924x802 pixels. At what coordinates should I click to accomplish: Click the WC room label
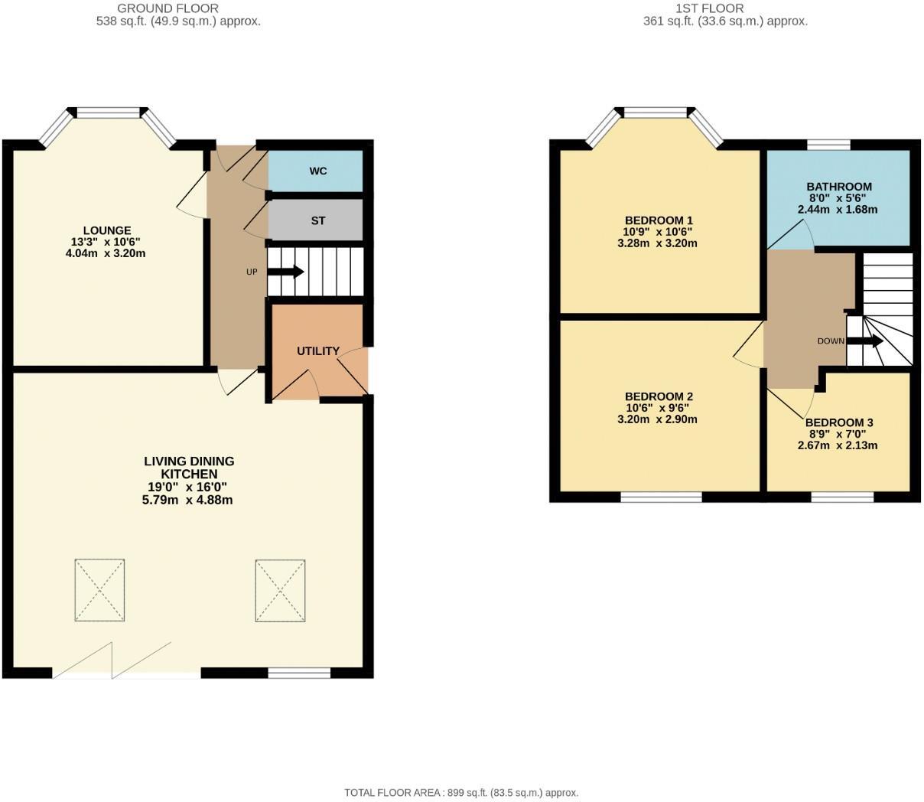(x=318, y=171)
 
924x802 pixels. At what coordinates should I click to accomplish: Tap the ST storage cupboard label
(x=318, y=221)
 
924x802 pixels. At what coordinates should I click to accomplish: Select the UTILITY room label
(x=318, y=351)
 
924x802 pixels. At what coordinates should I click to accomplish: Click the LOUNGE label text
(x=107, y=230)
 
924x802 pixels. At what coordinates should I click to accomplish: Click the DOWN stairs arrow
(x=865, y=341)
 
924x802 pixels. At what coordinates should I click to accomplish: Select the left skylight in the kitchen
(x=99, y=590)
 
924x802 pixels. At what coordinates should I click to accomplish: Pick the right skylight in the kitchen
(x=280, y=590)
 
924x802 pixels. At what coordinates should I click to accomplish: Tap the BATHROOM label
(x=838, y=187)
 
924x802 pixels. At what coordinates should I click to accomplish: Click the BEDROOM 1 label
(x=659, y=220)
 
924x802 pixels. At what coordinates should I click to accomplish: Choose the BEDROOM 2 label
(x=659, y=396)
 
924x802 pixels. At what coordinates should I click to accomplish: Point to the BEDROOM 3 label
(x=838, y=422)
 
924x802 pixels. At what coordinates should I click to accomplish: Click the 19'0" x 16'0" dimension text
(x=187, y=487)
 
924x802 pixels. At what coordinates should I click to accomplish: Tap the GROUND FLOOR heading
(x=168, y=8)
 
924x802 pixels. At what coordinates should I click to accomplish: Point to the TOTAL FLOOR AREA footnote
(x=461, y=793)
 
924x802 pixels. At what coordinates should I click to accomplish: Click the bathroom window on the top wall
(x=829, y=144)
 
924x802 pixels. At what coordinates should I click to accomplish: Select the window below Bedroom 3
(x=842, y=497)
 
